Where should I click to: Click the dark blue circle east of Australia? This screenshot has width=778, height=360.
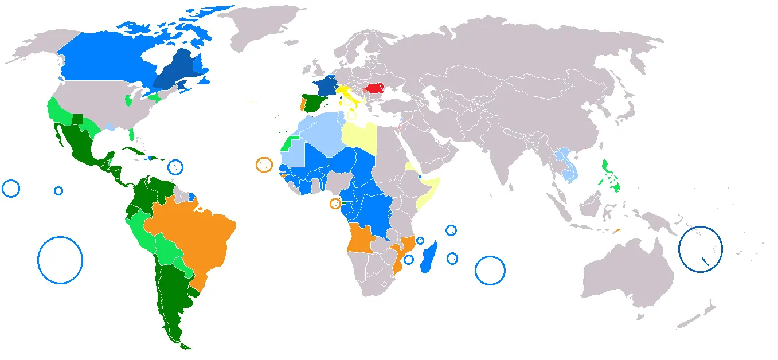click(x=700, y=248)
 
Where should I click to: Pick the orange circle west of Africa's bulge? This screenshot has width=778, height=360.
click(x=264, y=165)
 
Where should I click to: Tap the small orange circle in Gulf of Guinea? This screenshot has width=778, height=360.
click(x=335, y=204)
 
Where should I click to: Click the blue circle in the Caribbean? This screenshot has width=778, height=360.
click(x=175, y=167)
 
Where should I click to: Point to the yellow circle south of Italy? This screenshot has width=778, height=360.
click(x=351, y=115)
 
